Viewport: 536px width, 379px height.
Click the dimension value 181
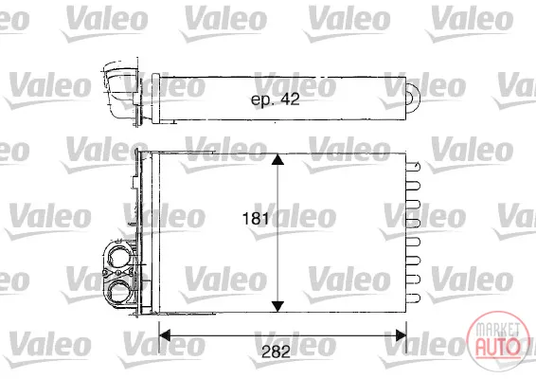(255, 219)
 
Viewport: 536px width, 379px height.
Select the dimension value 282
(276, 352)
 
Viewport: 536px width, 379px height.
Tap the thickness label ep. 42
(276, 99)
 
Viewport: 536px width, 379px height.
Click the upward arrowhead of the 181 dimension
(277, 160)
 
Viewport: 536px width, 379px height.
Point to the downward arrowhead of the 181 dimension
(277, 306)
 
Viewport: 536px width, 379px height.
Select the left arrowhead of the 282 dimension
(165, 335)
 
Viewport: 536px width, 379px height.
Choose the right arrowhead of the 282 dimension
(401, 335)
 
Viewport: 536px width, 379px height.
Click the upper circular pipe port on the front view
(118, 255)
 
